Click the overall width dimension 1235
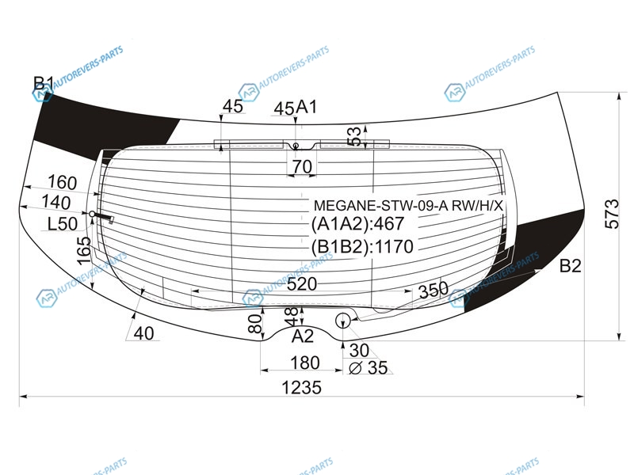tap(301, 388)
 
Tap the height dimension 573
tap(612, 214)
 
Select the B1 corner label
tap(44, 83)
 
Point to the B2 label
tap(570, 266)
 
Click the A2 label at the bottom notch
tap(303, 336)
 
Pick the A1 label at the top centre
tap(307, 107)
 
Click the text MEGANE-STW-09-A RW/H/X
tap(408, 206)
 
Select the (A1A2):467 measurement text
tap(358, 223)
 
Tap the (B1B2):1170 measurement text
tap(362, 246)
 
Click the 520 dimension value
tap(302, 284)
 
